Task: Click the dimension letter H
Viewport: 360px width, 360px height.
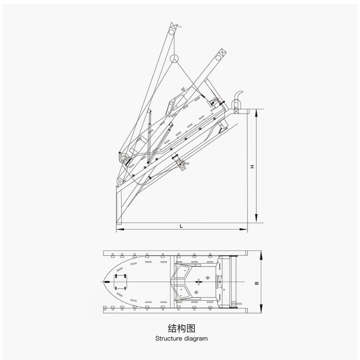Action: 252,166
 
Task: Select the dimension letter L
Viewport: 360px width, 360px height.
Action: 181,226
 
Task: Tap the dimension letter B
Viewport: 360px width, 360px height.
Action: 256,283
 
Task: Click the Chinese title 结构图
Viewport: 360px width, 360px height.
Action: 181,328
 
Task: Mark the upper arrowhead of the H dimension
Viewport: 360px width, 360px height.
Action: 256,113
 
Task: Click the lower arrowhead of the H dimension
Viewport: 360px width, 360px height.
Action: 256,218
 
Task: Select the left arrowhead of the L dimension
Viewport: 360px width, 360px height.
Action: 120,229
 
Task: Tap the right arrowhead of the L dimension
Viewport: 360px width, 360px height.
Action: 243,229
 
